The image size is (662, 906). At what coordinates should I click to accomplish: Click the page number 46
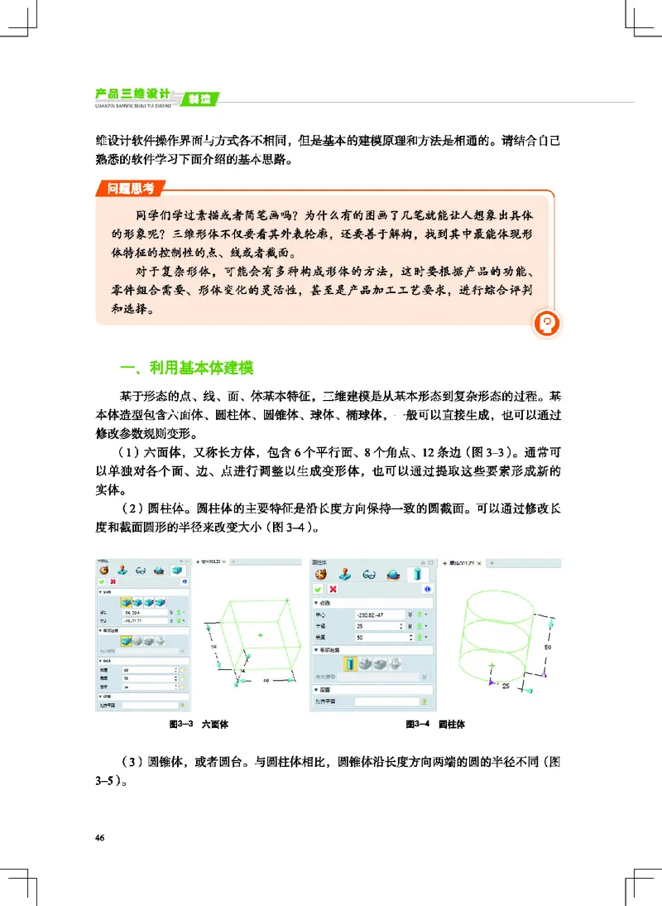pyautogui.click(x=99, y=839)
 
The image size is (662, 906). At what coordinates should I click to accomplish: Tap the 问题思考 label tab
pyautogui.click(x=130, y=189)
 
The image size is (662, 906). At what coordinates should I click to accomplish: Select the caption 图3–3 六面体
pyautogui.click(x=198, y=724)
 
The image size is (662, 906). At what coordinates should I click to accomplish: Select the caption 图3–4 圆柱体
pyautogui.click(x=435, y=724)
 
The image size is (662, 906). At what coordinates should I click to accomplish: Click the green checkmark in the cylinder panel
pyautogui.click(x=319, y=589)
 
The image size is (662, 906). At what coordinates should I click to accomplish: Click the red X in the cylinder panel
pyautogui.click(x=333, y=589)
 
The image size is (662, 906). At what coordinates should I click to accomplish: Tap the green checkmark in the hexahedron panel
pyautogui.click(x=103, y=583)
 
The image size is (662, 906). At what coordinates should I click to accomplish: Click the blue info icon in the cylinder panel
pyautogui.click(x=428, y=589)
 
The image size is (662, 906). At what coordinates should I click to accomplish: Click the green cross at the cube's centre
pyautogui.click(x=260, y=635)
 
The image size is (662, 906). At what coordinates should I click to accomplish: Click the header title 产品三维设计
pyautogui.click(x=132, y=92)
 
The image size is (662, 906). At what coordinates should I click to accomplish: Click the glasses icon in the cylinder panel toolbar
pyautogui.click(x=370, y=574)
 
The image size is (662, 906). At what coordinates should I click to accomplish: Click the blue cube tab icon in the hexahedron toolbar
pyautogui.click(x=176, y=570)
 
